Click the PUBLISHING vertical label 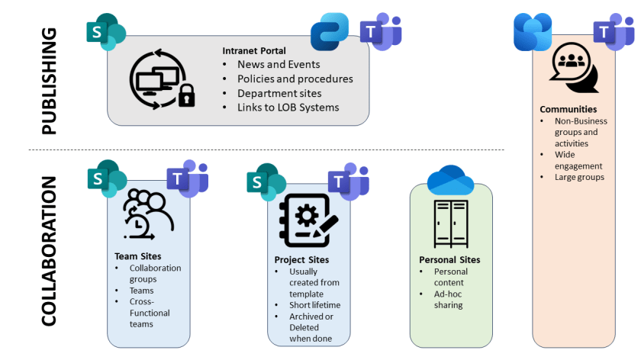tap(48, 81)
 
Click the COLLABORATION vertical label tap(48, 252)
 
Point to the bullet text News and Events tap(279, 65)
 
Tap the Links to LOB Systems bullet tap(288, 107)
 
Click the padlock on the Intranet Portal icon tap(186, 96)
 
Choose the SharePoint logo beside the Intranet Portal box tap(105, 32)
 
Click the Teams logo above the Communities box tap(614, 32)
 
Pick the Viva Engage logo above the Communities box tap(533, 32)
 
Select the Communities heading tap(568, 109)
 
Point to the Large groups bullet tap(579, 177)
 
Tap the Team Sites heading tap(137, 257)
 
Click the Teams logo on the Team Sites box tap(187, 179)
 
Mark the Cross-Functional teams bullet tap(150, 313)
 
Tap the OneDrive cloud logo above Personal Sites tap(450, 180)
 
